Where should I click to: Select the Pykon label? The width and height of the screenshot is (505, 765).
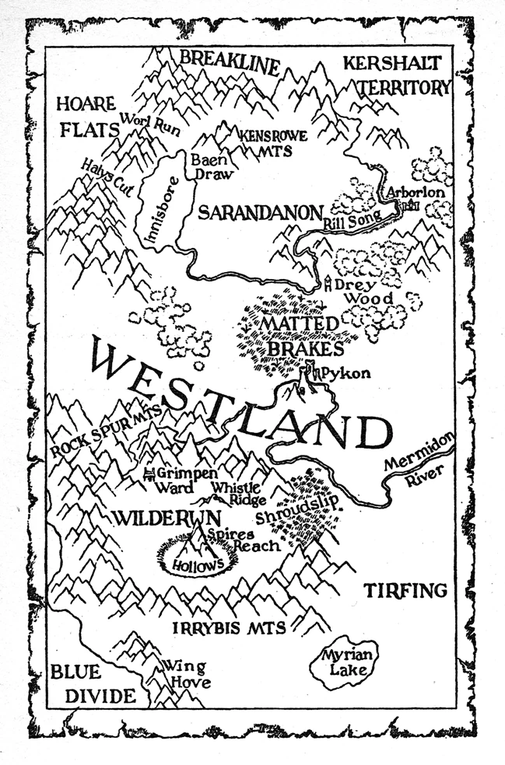pos(345,373)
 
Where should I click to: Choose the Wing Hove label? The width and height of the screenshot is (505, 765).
pos(185,675)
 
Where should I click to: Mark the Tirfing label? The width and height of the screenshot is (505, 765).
pos(405,591)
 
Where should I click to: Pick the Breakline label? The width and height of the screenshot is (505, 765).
pos(229,62)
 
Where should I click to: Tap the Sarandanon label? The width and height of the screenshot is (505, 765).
pos(259,212)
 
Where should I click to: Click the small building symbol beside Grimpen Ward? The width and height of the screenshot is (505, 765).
pos(149,473)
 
